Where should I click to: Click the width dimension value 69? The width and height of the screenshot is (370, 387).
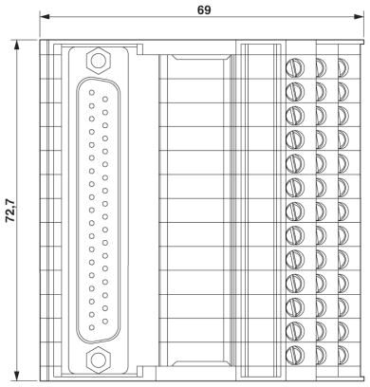pyautogui.click(x=204, y=10)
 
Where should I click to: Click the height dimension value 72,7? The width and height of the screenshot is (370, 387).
pyautogui.click(x=10, y=212)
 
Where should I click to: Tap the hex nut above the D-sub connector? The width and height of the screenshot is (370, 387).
pyautogui.click(x=99, y=60)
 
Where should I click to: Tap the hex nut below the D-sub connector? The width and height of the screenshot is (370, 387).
pyautogui.click(x=99, y=359)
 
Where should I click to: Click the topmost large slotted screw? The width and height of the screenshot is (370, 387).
pyautogui.click(x=295, y=67)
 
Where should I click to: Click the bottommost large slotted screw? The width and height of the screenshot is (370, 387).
pyautogui.click(x=295, y=354)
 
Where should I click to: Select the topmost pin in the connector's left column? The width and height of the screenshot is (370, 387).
pyautogui.click(x=92, y=92)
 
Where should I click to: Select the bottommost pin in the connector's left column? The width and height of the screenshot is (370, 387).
pyautogui.click(x=92, y=327)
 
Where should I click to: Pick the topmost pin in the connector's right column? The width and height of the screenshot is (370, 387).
pyautogui.click(x=105, y=99)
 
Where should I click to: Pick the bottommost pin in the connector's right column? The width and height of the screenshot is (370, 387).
pyautogui.click(x=105, y=322)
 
